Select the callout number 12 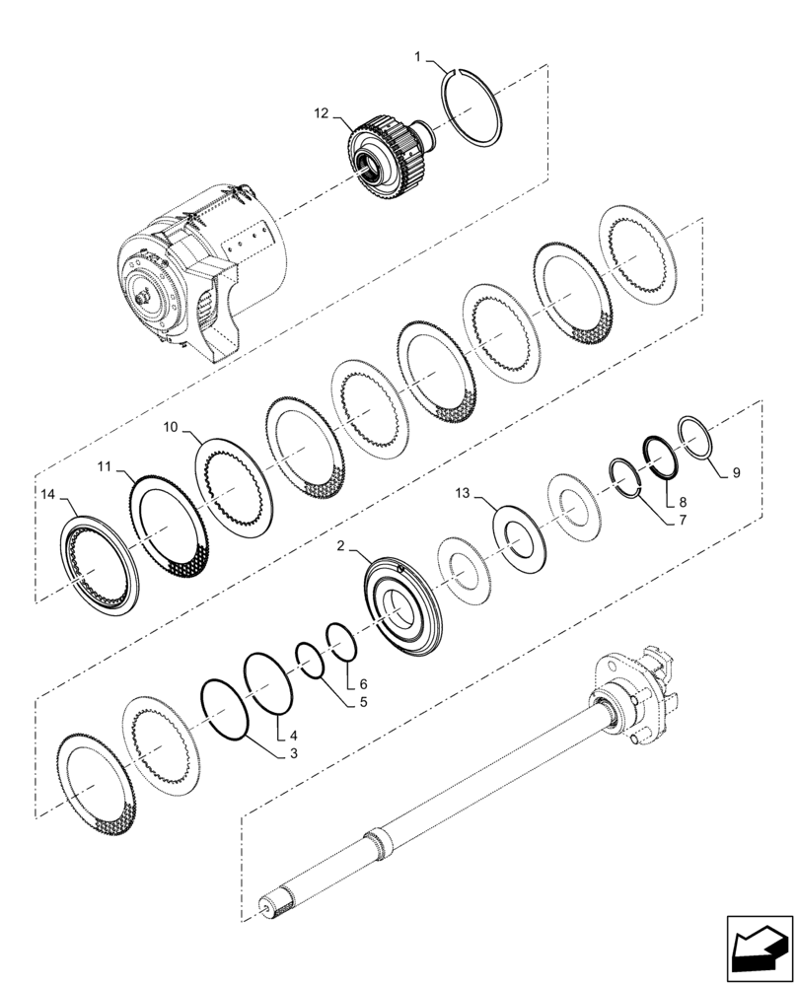322,114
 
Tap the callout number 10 170,427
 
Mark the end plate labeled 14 100,568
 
